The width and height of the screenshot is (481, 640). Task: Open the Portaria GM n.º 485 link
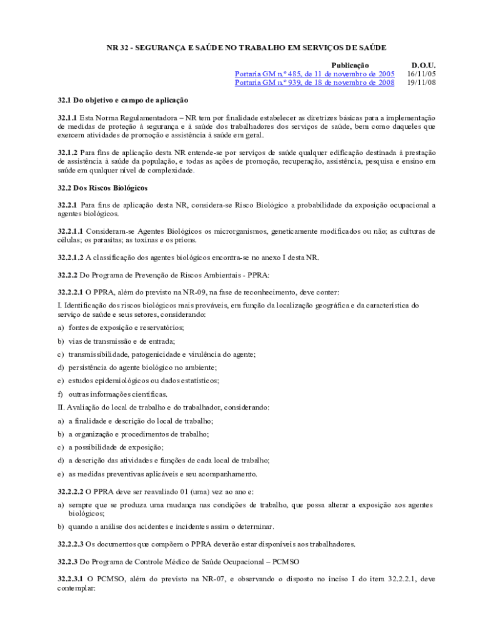(314, 74)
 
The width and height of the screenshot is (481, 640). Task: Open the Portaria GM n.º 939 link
(314, 82)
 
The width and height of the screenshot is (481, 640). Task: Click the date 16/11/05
(422, 74)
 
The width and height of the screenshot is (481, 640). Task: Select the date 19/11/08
(422, 82)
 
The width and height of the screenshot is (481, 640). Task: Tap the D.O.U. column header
(423, 65)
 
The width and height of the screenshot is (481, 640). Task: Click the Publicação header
(350, 65)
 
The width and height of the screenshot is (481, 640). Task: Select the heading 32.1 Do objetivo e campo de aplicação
(123, 100)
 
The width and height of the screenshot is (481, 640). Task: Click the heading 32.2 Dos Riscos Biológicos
(102, 187)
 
